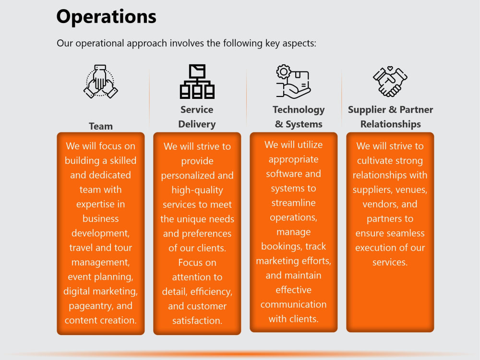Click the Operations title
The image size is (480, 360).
point(106,17)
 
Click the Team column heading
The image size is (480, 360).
point(101,126)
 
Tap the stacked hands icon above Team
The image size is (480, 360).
point(101,82)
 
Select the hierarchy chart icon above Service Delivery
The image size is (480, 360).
point(197,82)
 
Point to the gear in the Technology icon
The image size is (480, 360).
point(284,72)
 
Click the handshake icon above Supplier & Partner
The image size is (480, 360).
point(390,82)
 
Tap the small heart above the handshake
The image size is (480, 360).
point(390,69)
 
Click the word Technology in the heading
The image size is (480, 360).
point(299,110)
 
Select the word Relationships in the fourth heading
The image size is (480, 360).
point(391,124)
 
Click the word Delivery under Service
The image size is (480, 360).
point(197,124)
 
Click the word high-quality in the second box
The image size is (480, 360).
point(197,190)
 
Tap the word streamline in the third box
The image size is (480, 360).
point(294,203)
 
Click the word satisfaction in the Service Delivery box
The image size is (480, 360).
point(197,321)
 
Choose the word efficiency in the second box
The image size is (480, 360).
point(211,292)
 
